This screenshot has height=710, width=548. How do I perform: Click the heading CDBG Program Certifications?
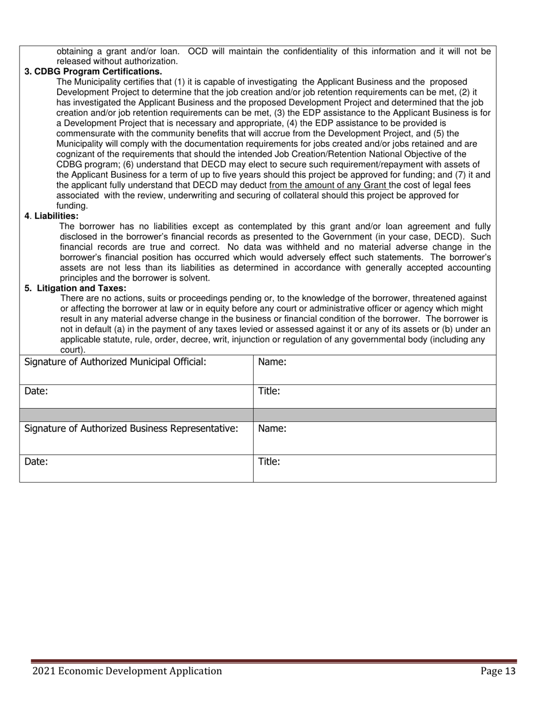[93, 72]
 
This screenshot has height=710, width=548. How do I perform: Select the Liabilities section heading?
[52, 216]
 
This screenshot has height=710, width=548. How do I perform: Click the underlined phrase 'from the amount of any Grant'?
[328, 185]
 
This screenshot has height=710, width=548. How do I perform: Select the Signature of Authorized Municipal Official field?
[136, 369]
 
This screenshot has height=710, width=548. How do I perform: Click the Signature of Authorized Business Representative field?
[136, 438]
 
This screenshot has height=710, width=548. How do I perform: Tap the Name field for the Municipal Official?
[374, 369]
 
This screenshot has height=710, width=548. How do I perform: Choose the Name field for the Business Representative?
[374, 438]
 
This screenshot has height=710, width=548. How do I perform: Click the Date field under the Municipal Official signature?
[136, 396]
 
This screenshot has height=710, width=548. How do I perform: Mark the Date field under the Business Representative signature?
[136, 468]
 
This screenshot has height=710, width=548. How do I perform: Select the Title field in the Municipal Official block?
[374, 396]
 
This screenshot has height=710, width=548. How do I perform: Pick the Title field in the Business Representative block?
[374, 468]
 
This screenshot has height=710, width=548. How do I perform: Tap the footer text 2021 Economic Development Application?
[127, 671]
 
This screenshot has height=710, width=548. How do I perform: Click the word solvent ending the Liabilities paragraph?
[194, 278]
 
